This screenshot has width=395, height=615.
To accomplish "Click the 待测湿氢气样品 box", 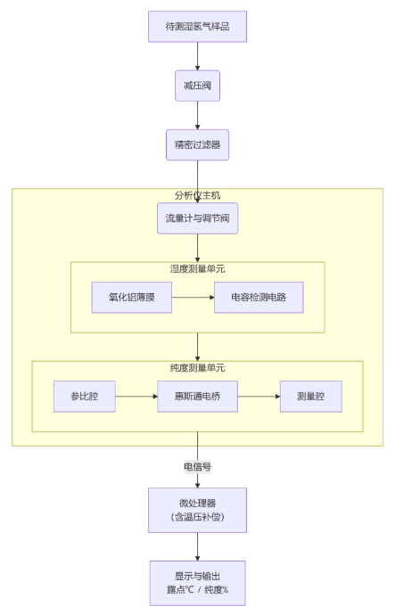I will (x=197, y=27).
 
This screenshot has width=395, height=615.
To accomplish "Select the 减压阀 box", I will (x=197, y=86).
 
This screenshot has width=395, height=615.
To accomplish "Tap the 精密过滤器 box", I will (x=197, y=144).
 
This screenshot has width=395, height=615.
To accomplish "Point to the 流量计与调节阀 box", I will (x=197, y=218).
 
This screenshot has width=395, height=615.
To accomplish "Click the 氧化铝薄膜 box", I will (x=132, y=298).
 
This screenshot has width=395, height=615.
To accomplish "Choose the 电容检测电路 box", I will (x=259, y=298).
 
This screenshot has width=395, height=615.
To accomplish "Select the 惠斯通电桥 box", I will (x=197, y=396).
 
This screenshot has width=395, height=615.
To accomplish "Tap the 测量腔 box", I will (x=310, y=396).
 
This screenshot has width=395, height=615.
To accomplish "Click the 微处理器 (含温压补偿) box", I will (x=197, y=510).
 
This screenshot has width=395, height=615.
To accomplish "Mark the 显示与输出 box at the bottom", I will (x=197, y=583).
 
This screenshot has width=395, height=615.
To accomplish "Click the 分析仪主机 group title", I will (x=197, y=195).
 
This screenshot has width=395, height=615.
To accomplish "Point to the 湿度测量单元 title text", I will (x=197, y=268).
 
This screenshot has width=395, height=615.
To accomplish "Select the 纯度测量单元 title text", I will (x=197, y=367).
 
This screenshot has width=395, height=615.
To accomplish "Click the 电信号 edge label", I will (x=197, y=466).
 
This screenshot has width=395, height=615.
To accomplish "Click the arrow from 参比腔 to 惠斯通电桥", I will (x=136, y=396).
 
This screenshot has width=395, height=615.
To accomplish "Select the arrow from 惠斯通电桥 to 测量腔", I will (x=259, y=396).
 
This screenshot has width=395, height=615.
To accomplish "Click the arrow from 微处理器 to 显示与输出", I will (x=197, y=546).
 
